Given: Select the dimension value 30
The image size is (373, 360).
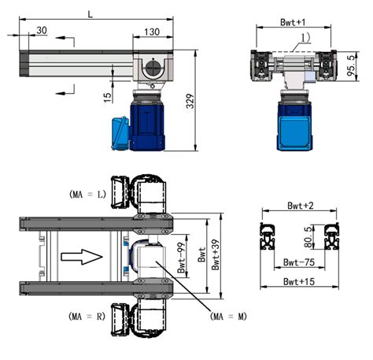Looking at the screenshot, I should pyautogui.click(x=40, y=31).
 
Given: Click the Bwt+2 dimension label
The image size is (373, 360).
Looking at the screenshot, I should pyautogui.click(x=299, y=207).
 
